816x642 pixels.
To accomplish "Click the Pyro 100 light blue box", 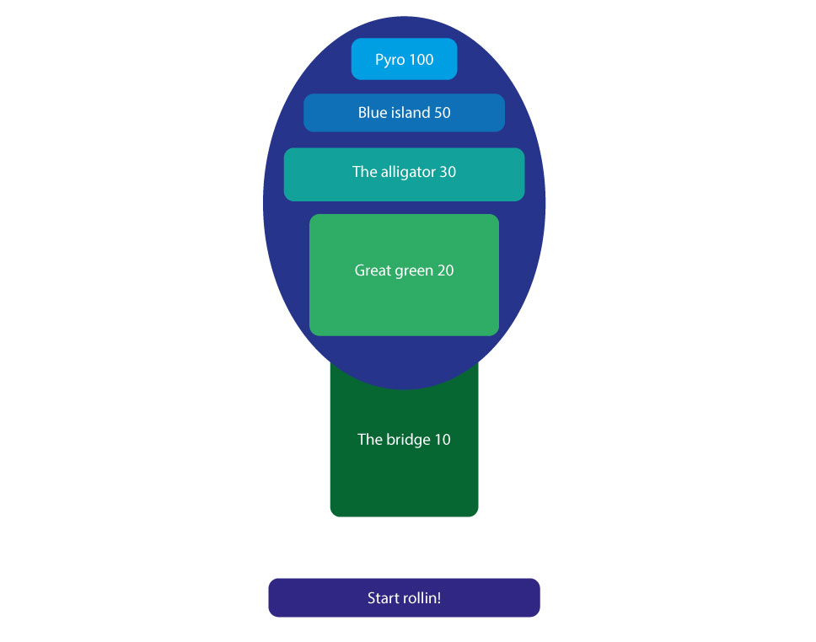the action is click(405, 59).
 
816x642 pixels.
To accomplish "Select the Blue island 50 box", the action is click(405, 112).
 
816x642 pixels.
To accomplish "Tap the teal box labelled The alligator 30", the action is click(405, 174).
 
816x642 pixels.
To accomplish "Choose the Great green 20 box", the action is click(405, 275).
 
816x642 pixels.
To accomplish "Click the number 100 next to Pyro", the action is click(421, 59).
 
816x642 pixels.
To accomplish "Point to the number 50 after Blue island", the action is click(443, 112).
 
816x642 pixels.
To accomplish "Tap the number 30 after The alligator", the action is click(448, 172).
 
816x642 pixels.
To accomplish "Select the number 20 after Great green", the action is click(445, 270).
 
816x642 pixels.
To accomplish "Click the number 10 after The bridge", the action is click(443, 440).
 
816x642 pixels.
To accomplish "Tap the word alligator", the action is click(409, 172).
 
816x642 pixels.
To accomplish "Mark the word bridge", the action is click(409, 440).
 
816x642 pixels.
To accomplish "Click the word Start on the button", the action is click(384, 598).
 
